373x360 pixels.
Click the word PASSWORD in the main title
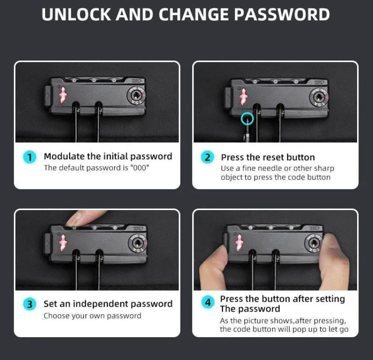tap(282, 14)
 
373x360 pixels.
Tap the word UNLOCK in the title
tap(76, 14)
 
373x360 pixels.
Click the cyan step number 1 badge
tap(30, 157)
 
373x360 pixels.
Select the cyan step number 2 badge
tap(207, 157)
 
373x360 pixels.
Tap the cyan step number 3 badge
tap(30, 304)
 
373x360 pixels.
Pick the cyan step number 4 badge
tap(208, 302)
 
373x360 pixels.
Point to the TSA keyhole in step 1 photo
tap(137, 96)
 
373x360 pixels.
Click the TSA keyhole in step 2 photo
tap(318, 97)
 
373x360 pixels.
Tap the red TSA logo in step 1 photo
tap(63, 95)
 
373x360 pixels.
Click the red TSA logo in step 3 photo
tap(63, 243)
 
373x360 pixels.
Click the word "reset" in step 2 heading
tap(265, 157)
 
